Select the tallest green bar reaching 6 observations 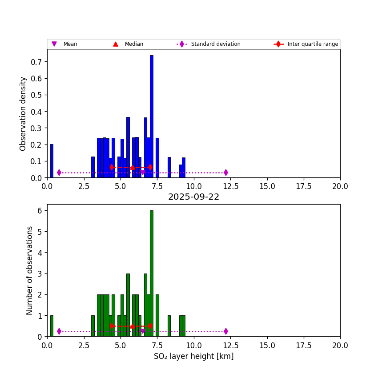(x=151, y=273)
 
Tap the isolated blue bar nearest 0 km (x=52, y=161)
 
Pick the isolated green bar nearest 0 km (x=52, y=326)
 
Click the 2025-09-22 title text (x=193, y=197)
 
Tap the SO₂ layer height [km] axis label (x=193, y=356)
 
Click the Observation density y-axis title (x=23, y=113)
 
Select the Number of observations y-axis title (x=30, y=270)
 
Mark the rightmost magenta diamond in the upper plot (x=226, y=173)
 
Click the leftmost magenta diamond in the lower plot (x=59, y=331)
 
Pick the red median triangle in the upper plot (x=132, y=167)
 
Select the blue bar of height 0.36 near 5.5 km (x=128, y=147)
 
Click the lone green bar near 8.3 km (x=169, y=326)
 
